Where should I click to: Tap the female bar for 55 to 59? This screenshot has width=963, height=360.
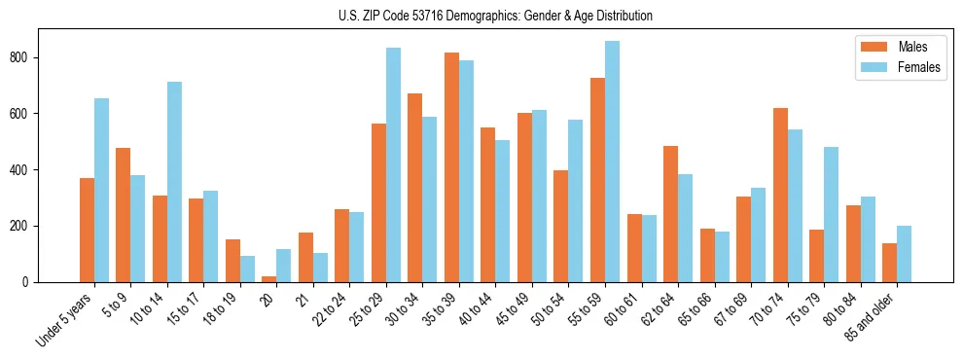(x=612, y=162)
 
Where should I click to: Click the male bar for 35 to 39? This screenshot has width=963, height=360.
(x=451, y=167)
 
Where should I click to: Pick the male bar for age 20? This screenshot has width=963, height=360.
(x=269, y=278)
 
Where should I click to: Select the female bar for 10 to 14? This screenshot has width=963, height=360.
(x=174, y=182)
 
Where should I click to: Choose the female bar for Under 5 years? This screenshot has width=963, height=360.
(x=101, y=190)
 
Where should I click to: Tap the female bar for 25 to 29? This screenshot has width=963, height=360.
(x=393, y=164)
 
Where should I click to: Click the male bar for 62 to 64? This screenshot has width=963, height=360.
(x=670, y=214)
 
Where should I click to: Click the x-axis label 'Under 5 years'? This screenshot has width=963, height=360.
(x=65, y=318)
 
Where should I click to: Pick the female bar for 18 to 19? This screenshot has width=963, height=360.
(x=247, y=269)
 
